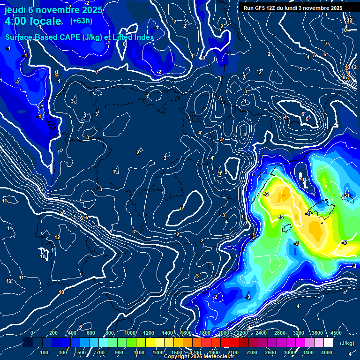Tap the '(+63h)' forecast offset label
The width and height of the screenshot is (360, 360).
[x=81, y=21]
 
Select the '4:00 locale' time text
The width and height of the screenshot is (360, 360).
[x=33, y=22]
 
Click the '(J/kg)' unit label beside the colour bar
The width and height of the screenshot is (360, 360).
[x=346, y=343]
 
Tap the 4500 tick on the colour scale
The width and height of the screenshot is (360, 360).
[x=336, y=333]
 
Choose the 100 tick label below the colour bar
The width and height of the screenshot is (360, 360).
[x=45, y=352]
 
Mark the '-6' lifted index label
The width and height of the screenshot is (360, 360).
[x=265, y=194]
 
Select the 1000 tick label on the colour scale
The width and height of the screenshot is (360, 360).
[x=130, y=333]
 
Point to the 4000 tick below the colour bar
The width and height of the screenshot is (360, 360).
[x=327, y=352]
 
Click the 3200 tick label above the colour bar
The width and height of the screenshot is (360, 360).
[x=299, y=333]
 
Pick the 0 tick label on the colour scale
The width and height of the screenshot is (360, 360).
[x=32, y=333]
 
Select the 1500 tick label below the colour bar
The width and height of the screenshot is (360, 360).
[x=177, y=352]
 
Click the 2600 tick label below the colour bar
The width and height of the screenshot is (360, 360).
[x=270, y=352]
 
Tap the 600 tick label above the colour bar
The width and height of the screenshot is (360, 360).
[x=91, y=333]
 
